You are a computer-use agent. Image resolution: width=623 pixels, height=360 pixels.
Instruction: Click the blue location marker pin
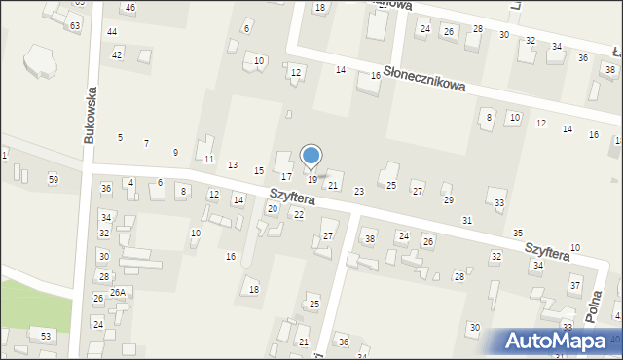[311, 156]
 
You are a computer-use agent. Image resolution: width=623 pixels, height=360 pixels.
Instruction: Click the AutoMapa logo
[562, 341]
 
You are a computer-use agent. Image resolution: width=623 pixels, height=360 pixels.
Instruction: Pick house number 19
[311, 179]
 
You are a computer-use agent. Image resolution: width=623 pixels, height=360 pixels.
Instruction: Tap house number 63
[75, 25]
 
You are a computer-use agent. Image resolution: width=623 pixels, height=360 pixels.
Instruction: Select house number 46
[130, 8]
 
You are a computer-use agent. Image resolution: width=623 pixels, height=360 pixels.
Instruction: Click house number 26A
[117, 292]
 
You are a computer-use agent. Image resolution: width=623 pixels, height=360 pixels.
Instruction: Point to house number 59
[54, 179]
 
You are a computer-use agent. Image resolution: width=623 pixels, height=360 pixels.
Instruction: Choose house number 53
[45, 336]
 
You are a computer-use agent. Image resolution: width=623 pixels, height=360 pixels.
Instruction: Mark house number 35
[518, 234]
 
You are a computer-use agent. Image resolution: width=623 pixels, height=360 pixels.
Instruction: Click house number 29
[448, 199]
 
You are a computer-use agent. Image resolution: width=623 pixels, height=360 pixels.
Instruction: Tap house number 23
[358, 192]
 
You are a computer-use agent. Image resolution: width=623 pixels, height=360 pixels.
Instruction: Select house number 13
[232, 165]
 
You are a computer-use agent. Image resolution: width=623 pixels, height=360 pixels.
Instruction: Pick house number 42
[117, 54]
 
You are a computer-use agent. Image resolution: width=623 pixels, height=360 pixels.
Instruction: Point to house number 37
[575, 285]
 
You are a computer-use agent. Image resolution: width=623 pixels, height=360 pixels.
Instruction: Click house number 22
[298, 214]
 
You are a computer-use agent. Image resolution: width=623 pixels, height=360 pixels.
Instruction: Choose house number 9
[175, 152]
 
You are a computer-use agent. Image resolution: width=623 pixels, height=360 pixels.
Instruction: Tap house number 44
[112, 32]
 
